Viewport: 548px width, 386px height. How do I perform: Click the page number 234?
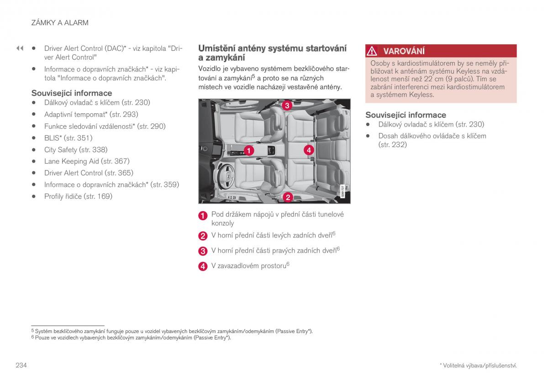[x=21, y=365]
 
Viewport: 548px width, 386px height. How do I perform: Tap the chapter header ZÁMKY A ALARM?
[x=59, y=22]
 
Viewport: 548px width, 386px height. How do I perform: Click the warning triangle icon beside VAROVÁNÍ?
[x=373, y=51]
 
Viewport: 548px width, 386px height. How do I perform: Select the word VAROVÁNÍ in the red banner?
[x=404, y=51]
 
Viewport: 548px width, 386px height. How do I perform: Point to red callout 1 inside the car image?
[x=249, y=150]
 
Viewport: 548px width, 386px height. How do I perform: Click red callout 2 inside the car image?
[x=288, y=197]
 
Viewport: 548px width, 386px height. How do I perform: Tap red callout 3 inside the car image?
[x=286, y=106]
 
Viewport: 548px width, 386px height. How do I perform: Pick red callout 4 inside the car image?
[x=309, y=149]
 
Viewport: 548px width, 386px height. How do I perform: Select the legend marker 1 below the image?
[x=203, y=216]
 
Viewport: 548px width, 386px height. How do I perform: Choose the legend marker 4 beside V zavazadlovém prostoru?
[x=203, y=266]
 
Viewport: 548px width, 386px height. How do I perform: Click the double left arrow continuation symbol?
[x=20, y=48]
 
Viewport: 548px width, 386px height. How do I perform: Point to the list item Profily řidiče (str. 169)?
[x=78, y=196]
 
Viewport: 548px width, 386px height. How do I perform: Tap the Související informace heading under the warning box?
[x=406, y=115]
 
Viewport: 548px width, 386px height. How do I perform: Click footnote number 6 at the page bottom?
[x=33, y=338]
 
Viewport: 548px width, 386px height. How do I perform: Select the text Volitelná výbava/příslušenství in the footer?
[x=479, y=365]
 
